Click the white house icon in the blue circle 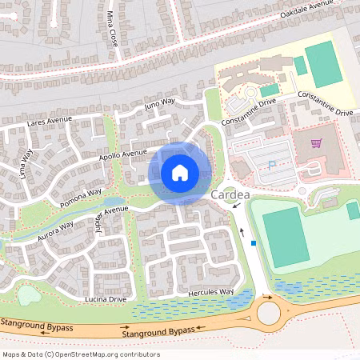click(x=180, y=172)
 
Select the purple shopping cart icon click(x=316, y=144)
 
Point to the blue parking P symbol click(x=271, y=165)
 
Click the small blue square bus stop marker click(x=254, y=243)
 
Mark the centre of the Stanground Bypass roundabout click(x=269, y=313)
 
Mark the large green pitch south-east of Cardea click(x=286, y=236)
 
